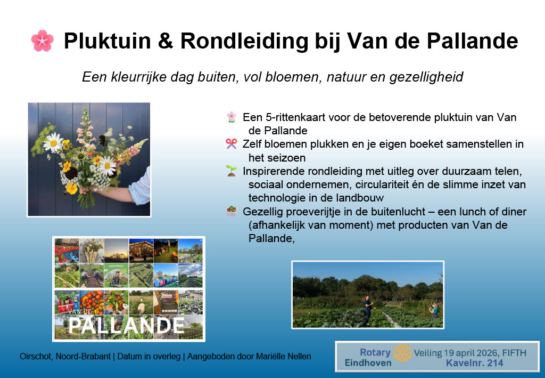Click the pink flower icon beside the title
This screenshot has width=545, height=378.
tap(43, 41)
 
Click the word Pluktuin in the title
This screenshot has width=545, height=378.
tap(108, 41)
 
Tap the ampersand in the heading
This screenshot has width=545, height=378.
tap(166, 41)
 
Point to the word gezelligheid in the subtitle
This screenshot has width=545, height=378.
tap(426, 77)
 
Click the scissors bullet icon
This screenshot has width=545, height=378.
tap(232, 143)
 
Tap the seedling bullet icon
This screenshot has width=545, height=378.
tap(232, 171)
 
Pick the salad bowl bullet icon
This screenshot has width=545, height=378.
tap(232, 211)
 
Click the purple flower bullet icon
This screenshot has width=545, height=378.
tap(232, 117)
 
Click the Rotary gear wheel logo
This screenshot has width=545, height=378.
tap(402, 352)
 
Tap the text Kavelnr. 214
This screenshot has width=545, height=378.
tap(474, 363)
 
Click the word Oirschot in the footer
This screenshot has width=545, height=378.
tap(36, 357)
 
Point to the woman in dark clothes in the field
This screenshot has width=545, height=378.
tap(368, 310)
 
